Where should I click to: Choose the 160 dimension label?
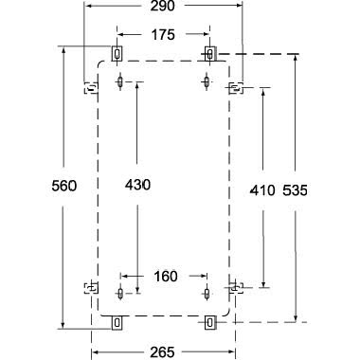point(165,276)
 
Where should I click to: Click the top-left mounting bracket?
point(117,52)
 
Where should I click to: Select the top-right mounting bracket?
point(209,52)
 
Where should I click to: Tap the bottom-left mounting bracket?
point(117,322)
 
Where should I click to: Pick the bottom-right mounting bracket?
point(209,322)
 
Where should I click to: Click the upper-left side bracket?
point(91,90)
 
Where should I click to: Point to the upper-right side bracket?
point(236,89)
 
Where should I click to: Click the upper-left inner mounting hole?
point(120,81)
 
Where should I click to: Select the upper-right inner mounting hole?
point(207,81)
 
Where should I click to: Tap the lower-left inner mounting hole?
point(120,290)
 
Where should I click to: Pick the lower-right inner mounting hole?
point(207,290)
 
